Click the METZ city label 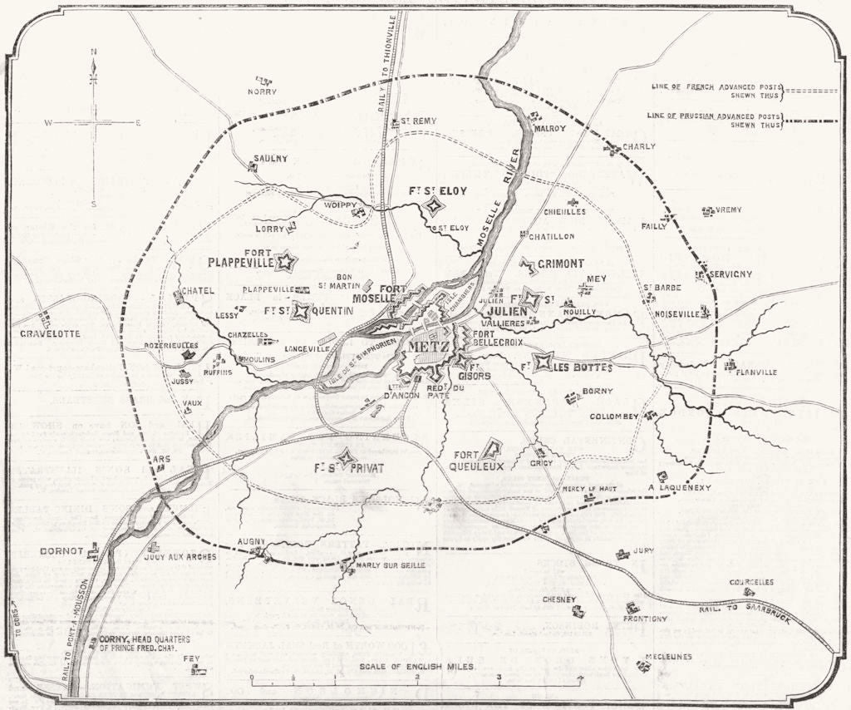pyautogui.click(x=428, y=346)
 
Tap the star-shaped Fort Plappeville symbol pyautogui.click(x=286, y=262)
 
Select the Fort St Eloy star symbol pyautogui.click(x=432, y=206)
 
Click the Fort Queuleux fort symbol pyautogui.click(x=491, y=450)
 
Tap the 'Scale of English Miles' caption pyautogui.click(x=417, y=667)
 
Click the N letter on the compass pyautogui.click(x=94, y=52)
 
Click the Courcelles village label pyautogui.click(x=751, y=582)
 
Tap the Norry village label pyautogui.click(x=262, y=91)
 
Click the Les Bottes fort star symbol pyautogui.click(x=544, y=362)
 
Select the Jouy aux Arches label pyautogui.click(x=180, y=556)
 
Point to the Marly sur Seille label pyautogui.click(x=391, y=565)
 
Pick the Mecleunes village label pyautogui.click(x=670, y=656)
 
